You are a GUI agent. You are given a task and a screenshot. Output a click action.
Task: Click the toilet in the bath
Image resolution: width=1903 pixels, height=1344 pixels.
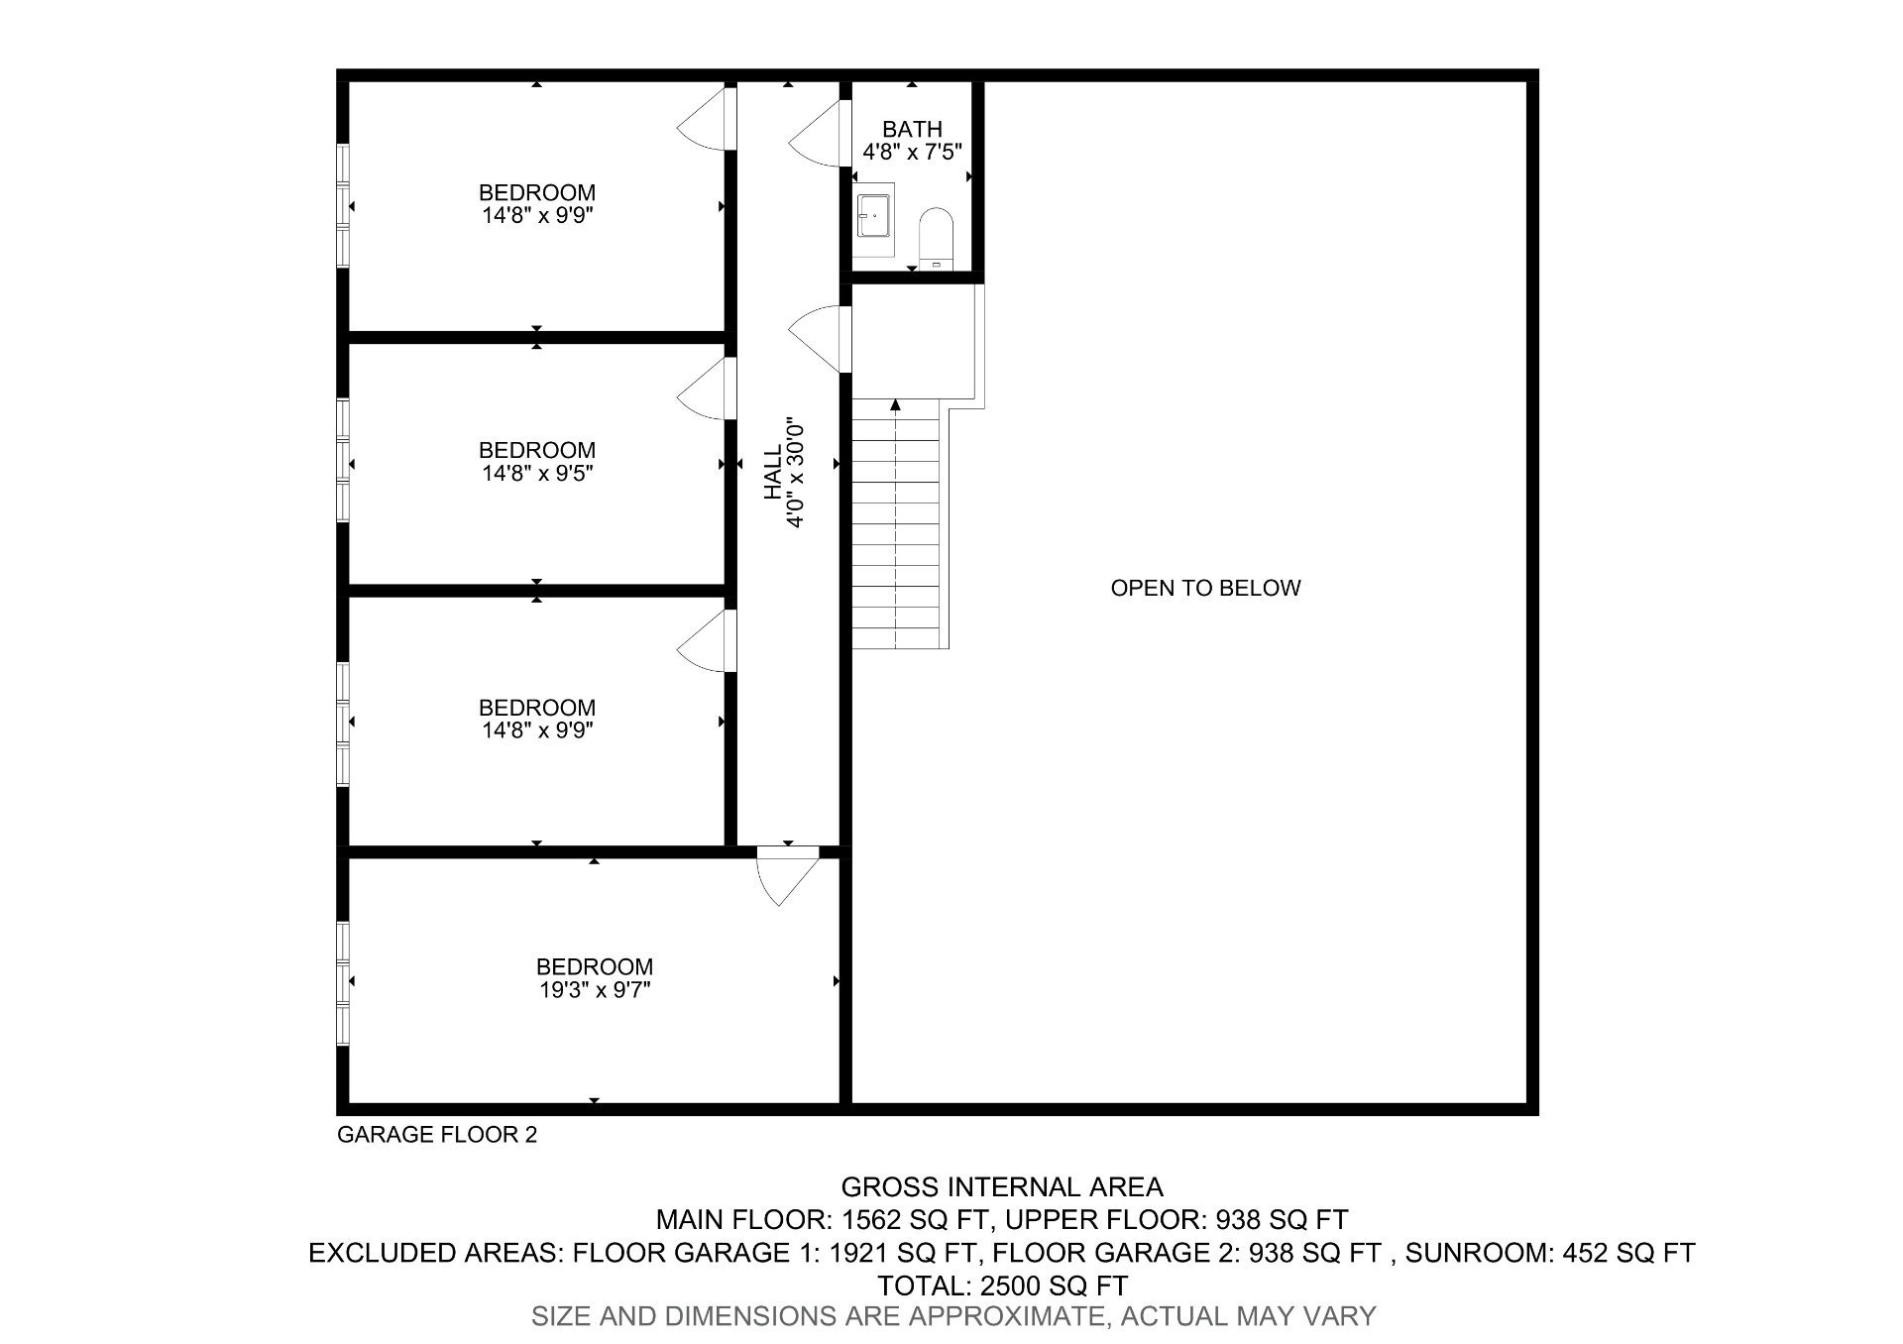tap(935, 238)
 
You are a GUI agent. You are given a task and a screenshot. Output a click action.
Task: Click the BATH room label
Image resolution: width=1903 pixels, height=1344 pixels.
tap(912, 129)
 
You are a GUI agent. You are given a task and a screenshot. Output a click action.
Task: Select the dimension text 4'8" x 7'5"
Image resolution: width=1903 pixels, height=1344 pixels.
tap(912, 153)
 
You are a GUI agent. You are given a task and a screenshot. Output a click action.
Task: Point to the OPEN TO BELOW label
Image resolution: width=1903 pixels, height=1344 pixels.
tap(1205, 588)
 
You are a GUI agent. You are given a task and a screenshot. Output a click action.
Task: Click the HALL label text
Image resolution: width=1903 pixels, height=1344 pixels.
tap(773, 473)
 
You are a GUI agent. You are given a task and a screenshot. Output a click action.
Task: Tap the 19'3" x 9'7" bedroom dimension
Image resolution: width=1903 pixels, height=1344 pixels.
tap(595, 989)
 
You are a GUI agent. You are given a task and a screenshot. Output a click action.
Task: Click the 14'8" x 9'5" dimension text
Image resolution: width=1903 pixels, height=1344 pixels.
tap(537, 474)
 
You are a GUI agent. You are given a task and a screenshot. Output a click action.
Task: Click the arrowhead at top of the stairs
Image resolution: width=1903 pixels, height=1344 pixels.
tap(895, 404)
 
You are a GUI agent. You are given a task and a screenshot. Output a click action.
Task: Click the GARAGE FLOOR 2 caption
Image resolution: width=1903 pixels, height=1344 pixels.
tap(437, 1135)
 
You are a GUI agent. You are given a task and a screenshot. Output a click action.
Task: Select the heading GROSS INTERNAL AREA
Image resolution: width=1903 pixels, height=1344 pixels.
tap(1001, 1186)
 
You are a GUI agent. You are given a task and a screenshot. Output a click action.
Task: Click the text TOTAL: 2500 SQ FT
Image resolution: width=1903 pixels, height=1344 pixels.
tap(1002, 1286)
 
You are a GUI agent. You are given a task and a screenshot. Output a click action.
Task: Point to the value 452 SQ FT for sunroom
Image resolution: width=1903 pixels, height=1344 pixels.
tap(1628, 1253)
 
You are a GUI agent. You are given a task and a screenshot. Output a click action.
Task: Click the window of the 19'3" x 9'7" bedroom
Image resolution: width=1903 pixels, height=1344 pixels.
tap(344, 981)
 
